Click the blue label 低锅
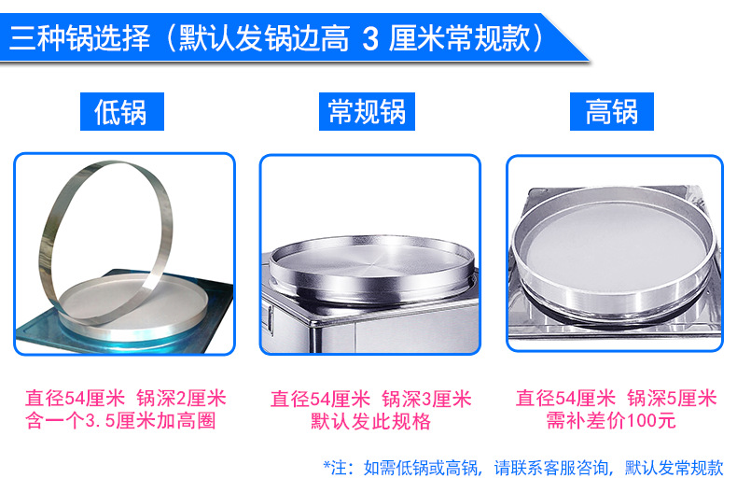(121, 111)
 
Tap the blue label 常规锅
(367, 111)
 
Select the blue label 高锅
(611, 111)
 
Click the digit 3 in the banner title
(370, 38)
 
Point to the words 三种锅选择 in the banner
(80, 38)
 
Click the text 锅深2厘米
(181, 399)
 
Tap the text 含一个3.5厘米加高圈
(120, 420)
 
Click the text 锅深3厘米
(426, 400)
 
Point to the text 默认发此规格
(370, 421)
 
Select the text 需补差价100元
(611, 419)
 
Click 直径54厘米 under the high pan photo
(565, 398)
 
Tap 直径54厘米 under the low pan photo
(75, 399)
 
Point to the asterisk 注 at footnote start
(335, 468)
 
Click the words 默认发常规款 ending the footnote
(674, 468)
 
